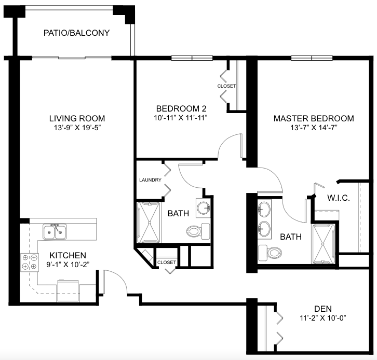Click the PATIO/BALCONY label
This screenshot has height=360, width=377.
click(76, 33)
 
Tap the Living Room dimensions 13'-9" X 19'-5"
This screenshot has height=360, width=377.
click(77, 128)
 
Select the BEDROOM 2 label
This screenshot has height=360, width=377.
click(181, 108)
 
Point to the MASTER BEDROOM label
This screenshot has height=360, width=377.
click(314, 118)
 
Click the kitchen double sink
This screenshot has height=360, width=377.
click(55, 232)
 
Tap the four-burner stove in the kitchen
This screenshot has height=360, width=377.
click(29, 262)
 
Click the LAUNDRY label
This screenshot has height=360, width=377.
click(150, 180)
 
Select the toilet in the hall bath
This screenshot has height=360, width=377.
click(198, 231)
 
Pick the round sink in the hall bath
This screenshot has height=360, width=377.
click(203, 208)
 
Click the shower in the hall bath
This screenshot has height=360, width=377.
click(149, 223)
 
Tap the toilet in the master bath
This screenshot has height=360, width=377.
click(270, 253)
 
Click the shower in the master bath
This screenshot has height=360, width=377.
click(324, 244)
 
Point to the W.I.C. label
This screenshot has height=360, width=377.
click(338, 198)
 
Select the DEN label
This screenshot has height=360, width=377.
click(323, 309)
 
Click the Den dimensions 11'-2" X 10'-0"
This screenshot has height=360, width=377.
click(322, 318)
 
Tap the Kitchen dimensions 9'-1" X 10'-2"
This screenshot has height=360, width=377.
click(68, 265)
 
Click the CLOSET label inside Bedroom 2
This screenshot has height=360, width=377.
click(226, 86)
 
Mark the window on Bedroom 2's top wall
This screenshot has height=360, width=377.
click(192, 58)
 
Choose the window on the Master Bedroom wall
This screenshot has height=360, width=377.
click(312, 58)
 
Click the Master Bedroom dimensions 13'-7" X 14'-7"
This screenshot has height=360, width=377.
click(314, 128)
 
